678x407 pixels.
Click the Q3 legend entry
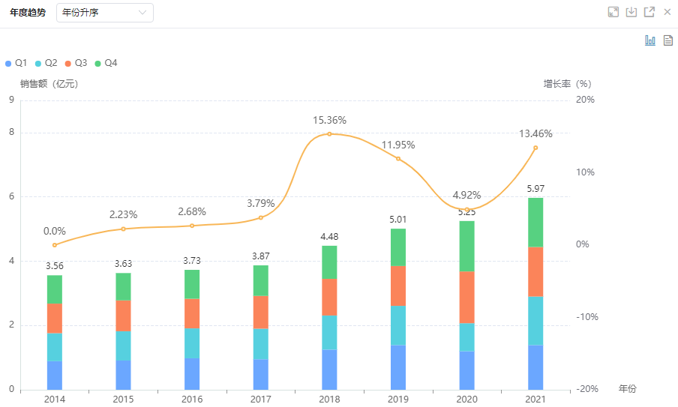pos(76,64)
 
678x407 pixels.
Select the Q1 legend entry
pos(16,64)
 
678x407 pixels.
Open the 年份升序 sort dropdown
pos(104,13)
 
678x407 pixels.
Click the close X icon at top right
pos(667,12)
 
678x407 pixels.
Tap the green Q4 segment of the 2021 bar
pos(535,222)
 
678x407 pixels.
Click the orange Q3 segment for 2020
pos(466,297)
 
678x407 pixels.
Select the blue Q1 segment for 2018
pos(329,369)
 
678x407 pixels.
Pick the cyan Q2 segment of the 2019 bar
pos(398,325)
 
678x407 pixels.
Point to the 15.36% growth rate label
pos(329,120)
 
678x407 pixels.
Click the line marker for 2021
pos(535,148)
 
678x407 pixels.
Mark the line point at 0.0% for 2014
pos(55,245)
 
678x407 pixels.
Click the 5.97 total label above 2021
pos(535,188)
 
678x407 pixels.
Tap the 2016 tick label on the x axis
pos(192,400)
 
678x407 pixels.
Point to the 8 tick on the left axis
pos(11,133)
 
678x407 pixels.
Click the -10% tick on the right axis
pos(585,316)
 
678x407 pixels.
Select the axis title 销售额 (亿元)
pos(49,84)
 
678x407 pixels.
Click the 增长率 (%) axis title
pos(568,84)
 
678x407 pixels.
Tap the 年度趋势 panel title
pos(28,13)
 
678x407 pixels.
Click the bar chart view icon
pos(650,40)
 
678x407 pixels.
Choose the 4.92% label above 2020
pos(466,195)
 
